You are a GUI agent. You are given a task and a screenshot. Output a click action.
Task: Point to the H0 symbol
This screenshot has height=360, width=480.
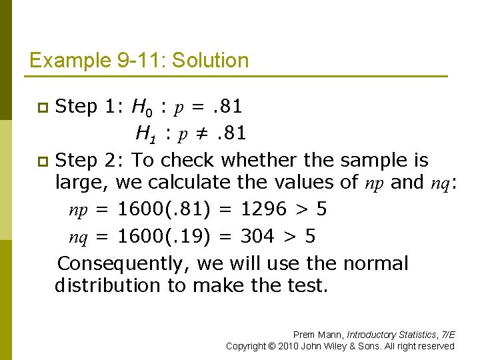[141, 107]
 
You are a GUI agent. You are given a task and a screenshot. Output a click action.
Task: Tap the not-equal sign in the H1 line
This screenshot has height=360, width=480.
[195, 134]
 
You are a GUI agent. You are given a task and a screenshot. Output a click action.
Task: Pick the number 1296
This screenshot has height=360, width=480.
[262, 210]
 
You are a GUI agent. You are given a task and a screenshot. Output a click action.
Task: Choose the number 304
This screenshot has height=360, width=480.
[257, 237]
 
